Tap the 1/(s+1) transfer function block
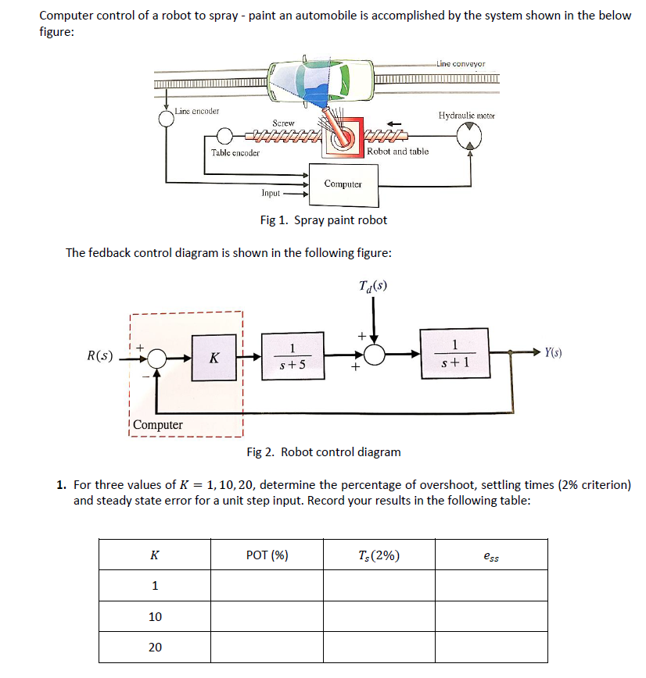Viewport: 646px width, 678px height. (455, 353)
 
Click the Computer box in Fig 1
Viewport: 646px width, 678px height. (343, 184)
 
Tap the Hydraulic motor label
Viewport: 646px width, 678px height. (467, 116)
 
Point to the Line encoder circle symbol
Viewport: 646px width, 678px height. (166, 118)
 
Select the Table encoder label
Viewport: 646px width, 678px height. (235, 152)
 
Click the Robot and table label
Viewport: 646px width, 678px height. (398, 152)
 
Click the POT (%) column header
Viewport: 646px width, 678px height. (267, 555)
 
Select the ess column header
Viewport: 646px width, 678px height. (491, 555)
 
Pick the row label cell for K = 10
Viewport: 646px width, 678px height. (155, 617)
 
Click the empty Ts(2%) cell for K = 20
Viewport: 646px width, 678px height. (379, 648)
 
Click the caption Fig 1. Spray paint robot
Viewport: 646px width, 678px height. (323, 220)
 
